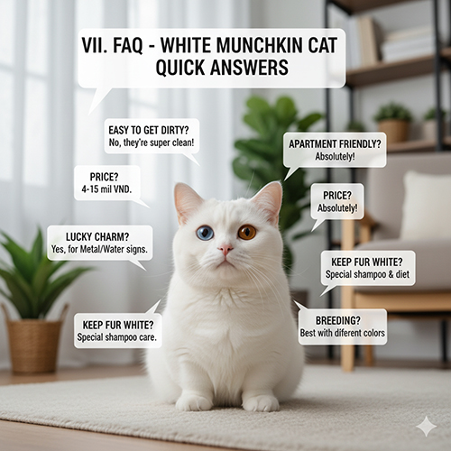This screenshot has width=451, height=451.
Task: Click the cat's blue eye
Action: tap(206, 233)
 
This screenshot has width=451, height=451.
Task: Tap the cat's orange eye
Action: tap(246, 232)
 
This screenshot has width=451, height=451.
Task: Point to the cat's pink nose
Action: tap(225, 249)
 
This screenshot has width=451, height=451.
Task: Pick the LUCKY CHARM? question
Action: tap(99, 236)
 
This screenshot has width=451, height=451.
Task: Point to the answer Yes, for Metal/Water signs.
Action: tap(99, 249)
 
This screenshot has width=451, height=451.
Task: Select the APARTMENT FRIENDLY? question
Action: tap(335, 143)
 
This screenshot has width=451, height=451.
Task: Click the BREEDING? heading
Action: tap(343, 319)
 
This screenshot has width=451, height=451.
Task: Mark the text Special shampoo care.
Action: tap(118, 336)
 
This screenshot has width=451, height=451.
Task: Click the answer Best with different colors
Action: tap(343, 333)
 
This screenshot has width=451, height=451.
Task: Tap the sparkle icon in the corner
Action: tap(426, 426)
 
